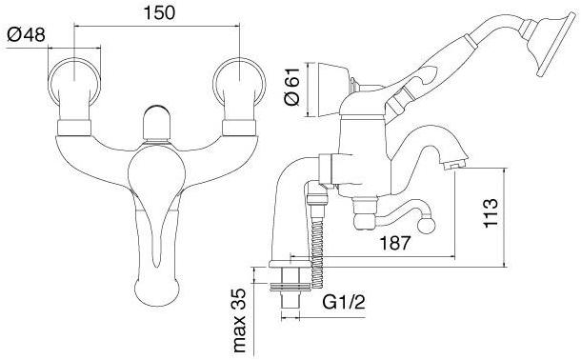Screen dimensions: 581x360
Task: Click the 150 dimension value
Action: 159,12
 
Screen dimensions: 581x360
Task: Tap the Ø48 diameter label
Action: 26,35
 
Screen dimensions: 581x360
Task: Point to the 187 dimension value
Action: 395,243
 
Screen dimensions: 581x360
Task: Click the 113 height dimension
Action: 491,213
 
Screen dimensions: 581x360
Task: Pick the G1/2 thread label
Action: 344,302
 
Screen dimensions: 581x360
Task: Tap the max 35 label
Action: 239,320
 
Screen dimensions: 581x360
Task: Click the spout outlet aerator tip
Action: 455,164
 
